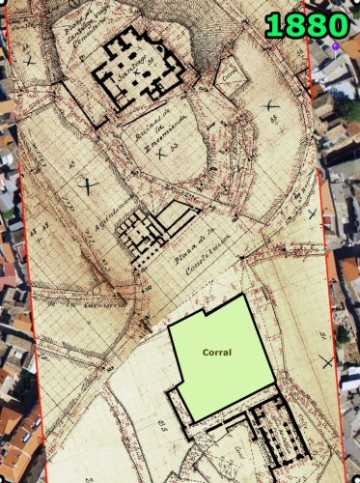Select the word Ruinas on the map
point(147,131)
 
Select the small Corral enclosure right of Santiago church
point(228,78)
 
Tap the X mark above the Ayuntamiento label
point(90,184)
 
